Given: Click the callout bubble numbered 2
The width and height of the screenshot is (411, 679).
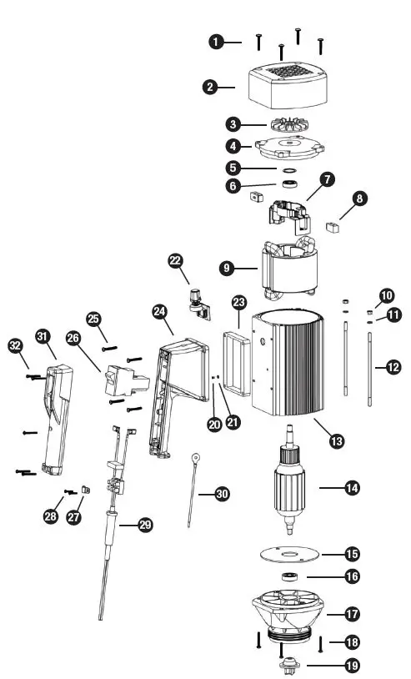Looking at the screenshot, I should [213, 85].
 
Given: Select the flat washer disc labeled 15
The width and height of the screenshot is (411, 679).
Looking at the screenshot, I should [288, 554].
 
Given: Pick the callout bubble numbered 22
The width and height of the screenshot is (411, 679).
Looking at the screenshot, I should [175, 261].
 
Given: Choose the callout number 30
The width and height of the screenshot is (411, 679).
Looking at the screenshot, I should [222, 494].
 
